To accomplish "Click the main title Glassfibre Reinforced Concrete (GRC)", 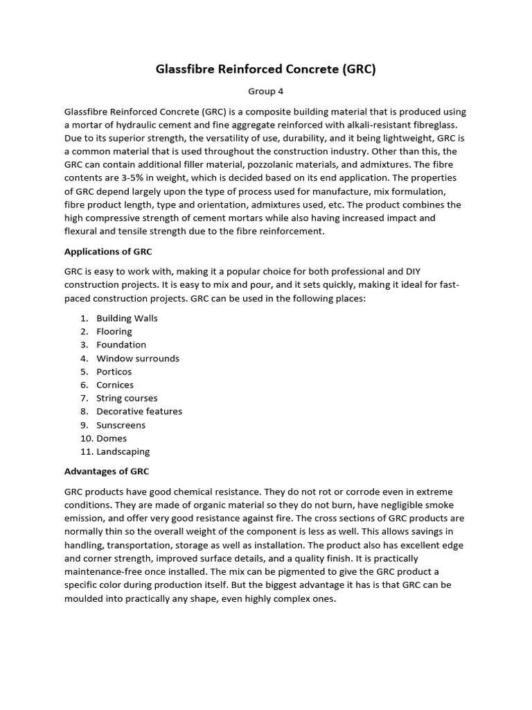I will [x=265, y=69].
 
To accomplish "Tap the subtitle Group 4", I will [x=265, y=91].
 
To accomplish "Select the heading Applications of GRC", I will [x=108, y=251].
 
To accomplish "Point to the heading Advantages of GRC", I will [x=107, y=471].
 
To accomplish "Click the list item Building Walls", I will [x=127, y=318].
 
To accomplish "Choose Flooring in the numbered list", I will [x=114, y=331].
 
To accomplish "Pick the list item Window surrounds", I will [x=138, y=358].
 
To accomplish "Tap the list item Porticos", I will [x=114, y=372].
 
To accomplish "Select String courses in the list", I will [x=127, y=398].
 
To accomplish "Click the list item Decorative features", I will [x=139, y=411].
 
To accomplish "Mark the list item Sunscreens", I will [x=121, y=425].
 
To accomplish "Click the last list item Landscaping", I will [x=123, y=451].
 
